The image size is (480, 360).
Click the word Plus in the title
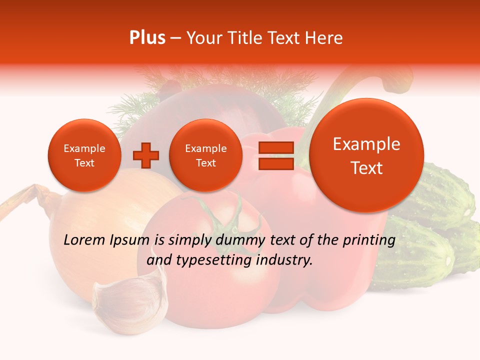click(x=147, y=38)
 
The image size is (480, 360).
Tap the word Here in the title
click(x=324, y=38)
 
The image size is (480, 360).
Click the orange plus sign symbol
click(x=146, y=155)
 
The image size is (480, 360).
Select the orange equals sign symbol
click(x=275, y=155)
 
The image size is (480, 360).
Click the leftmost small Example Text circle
click(x=84, y=155)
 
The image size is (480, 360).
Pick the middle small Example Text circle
click(x=205, y=155)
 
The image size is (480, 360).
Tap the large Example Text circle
click(x=366, y=155)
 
